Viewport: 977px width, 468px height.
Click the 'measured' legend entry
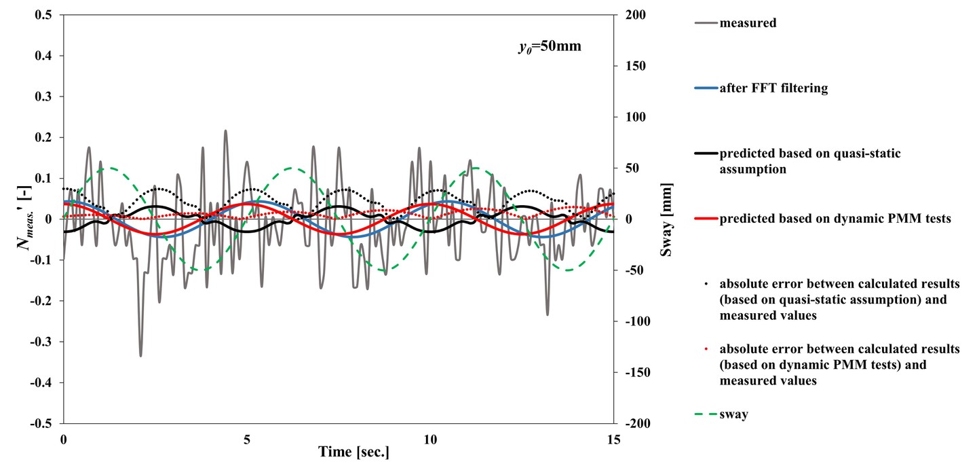[748, 23]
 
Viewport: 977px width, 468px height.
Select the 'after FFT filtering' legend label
[773, 88]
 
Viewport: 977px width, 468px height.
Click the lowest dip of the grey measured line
[140, 356]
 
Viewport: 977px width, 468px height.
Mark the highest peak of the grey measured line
[225, 130]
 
